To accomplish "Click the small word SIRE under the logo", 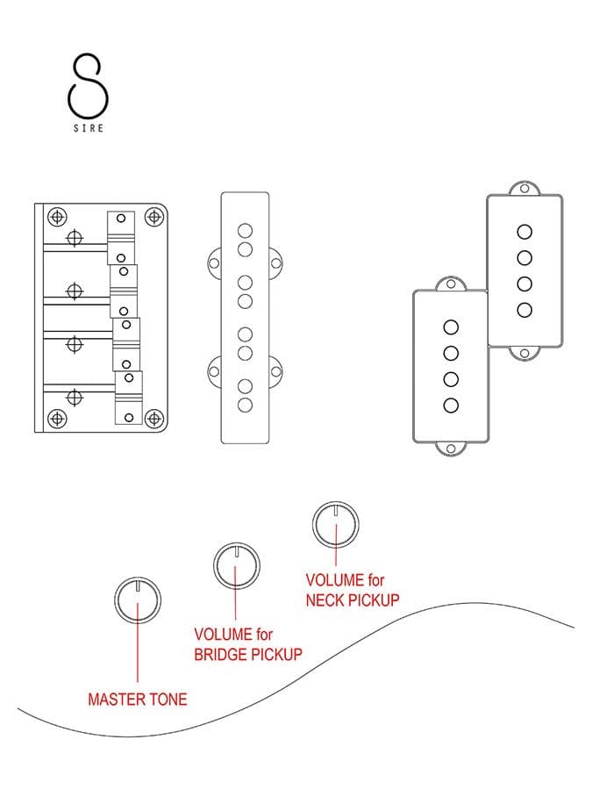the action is [89, 128].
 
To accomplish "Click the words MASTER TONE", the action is [138, 700].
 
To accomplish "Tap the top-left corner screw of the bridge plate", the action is [57, 217].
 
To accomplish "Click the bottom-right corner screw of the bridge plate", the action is [153, 418].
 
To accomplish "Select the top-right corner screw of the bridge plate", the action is [154, 217].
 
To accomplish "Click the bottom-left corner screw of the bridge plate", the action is [57, 418].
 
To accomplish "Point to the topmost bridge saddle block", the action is [121, 238].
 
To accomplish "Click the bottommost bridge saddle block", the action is [129, 398].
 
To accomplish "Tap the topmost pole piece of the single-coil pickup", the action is [246, 231].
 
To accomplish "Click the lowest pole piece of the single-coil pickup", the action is [246, 405].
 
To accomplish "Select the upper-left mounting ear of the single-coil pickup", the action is [215, 263].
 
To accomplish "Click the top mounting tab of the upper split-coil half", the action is [524, 189].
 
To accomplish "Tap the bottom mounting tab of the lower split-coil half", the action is [451, 449].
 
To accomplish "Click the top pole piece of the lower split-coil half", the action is [451, 327].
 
